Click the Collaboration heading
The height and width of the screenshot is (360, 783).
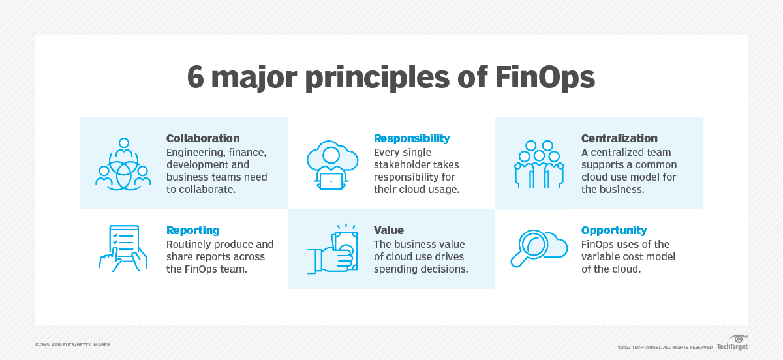pyautogui.click(x=203, y=138)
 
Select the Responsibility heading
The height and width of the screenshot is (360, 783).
pyautogui.click(x=412, y=138)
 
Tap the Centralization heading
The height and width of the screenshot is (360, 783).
pyautogui.click(x=619, y=138)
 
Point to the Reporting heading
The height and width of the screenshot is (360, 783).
pyautogui.click(x=193, y=230)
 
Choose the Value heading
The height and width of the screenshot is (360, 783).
pyautogui.click(x=389, y=230)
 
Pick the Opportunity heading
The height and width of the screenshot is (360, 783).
pyautogui.click(x=614, y=230)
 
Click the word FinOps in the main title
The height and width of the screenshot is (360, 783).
pyautogui.click(x=545, y=78)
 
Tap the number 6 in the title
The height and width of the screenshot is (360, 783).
pyautogui.click(x=195, y=77)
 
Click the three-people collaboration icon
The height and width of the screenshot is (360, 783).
pyautogui.click(x=123, y=164)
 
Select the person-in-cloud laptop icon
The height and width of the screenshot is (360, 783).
pyautogui.click(x=332, y=165)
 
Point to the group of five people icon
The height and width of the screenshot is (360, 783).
pyautogui.click(x=540, y=164)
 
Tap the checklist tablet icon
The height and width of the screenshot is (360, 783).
pyautogui.click(x=123, y=248)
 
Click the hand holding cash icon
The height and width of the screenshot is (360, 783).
pyautogui.click(x=332, y=249)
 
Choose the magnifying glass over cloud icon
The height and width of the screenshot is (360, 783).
pyautogui.click(x=539, y=248)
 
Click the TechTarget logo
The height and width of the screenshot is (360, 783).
pyautogui.click(x=732, y=343)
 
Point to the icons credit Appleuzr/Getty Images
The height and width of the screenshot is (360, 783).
pyautogui.click(x=72, y=344)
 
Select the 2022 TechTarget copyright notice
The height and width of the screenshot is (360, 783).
pyautogui.click(x=665, y=347)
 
